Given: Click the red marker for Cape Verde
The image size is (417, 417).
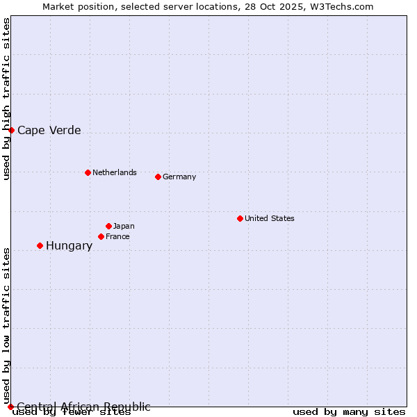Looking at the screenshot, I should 11,130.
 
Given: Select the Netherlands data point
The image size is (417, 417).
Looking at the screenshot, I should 88,172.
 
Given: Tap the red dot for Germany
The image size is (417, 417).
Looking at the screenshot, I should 158,177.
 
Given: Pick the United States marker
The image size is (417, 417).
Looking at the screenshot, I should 240,218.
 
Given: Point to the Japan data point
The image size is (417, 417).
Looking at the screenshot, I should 108,226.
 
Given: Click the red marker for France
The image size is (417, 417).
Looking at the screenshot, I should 101,236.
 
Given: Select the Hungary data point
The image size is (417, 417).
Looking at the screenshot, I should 40,245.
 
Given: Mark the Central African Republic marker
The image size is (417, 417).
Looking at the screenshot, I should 10,407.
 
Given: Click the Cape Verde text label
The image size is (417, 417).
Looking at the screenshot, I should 49,130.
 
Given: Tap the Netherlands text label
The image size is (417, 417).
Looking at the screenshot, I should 115,172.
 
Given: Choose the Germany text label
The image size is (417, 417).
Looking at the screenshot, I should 179,177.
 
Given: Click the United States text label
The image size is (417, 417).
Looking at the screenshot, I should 270,218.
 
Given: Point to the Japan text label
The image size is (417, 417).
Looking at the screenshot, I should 124,226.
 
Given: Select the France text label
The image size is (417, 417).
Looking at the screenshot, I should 117,236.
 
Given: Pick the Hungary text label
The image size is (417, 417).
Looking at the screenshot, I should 69,245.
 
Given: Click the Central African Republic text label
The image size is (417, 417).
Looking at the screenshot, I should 83,407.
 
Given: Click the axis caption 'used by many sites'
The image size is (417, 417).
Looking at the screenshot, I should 349,412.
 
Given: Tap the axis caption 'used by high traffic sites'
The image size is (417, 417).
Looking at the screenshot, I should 7,99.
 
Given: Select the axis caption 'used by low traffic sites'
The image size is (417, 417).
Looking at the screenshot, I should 7,325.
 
